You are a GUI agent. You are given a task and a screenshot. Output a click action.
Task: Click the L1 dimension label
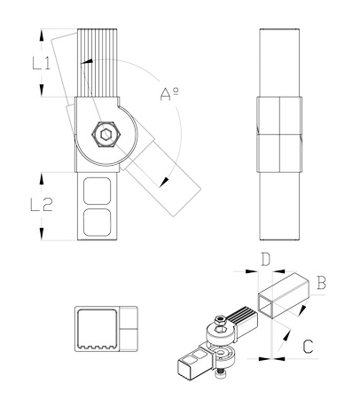click(x=42, y=64)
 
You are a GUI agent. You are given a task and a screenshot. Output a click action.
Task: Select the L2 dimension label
click(x=42, y=205)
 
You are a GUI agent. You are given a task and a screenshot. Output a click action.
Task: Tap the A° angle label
click(x=169, y=94)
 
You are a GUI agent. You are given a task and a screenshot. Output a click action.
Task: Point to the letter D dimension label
click(x=265, y=259)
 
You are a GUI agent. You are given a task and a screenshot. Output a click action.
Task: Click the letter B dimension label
click(x=321, y=282)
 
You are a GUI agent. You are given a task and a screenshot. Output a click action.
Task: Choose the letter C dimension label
click(x=308, y=346)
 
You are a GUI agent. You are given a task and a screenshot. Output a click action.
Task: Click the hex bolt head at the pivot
click(x=106, y=135)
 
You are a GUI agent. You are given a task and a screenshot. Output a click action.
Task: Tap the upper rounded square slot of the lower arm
click(x=98, y=191)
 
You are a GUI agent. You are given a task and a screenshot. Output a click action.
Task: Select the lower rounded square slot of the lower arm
click(x=98, y=223)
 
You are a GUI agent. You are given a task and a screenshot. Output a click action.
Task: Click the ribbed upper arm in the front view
click(x=98, y=63)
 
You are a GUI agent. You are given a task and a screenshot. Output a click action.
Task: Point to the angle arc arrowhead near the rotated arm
click(x=164, y=182)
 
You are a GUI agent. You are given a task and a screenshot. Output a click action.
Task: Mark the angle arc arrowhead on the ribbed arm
click(x=87, y=61)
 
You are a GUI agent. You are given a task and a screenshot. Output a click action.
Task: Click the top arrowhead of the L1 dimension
click(x=42, y=35)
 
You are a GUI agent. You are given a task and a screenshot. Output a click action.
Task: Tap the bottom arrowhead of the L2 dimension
click(x=42, y=234)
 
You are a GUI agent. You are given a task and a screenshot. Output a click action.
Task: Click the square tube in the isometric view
click(x=283, y=296)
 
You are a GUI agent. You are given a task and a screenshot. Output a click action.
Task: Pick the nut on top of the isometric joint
click(x=220, y=319)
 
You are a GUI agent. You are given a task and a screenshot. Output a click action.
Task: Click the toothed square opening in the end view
click(x=98, y=329)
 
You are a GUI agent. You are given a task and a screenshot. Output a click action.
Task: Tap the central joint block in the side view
click(x=279, y=135)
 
